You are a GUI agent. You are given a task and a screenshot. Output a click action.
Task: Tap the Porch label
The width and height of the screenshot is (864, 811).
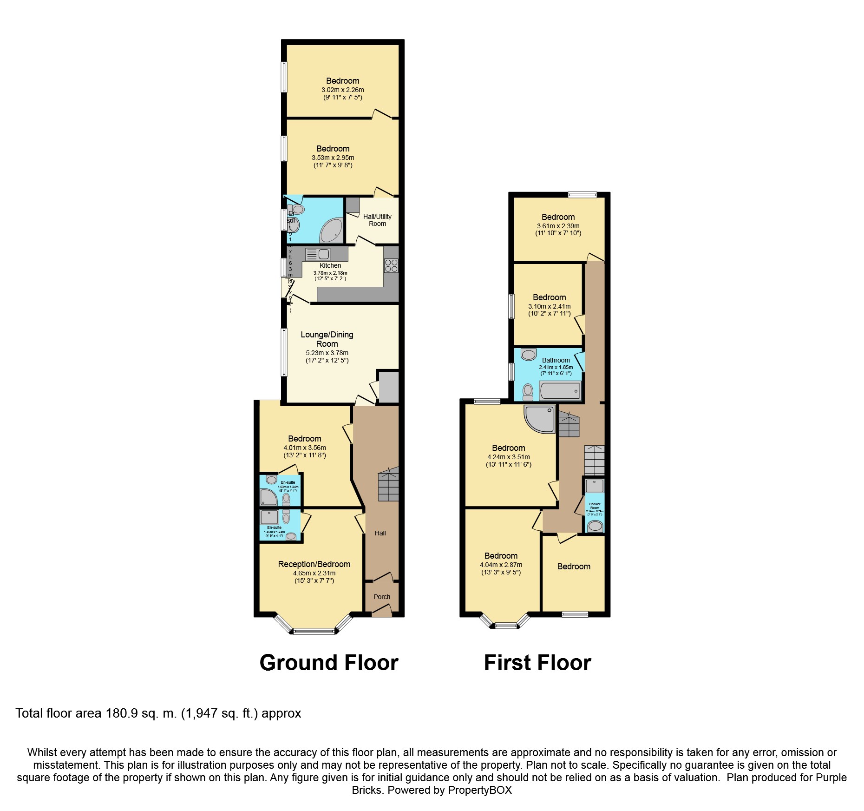click(382, 597)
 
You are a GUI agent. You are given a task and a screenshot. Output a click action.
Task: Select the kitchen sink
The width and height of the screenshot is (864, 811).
click(318, 254)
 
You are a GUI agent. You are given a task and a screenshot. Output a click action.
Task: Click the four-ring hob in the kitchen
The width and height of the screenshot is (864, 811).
click(391, 265)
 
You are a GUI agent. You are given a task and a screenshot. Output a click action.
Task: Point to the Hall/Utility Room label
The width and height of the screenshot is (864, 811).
click(377, 220)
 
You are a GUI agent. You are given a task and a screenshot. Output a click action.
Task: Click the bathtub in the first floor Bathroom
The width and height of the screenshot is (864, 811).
click(560, 391)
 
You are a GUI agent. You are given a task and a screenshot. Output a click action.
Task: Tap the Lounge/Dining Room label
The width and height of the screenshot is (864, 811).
click(327, 339)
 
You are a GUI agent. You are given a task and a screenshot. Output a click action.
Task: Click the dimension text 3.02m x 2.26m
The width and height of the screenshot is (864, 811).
click(342, 90)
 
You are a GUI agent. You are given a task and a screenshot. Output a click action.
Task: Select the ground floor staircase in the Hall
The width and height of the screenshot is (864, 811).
click(388, 484)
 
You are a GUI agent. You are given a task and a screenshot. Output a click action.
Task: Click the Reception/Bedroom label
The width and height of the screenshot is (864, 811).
click(314, 564)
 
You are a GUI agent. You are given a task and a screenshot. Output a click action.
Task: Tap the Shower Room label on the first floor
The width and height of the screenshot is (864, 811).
click(595, 505)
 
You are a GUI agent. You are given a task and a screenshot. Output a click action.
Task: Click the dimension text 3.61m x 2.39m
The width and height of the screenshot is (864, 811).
click(558, 226)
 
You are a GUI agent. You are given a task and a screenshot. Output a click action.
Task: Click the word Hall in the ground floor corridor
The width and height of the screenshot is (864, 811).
click(380, 533)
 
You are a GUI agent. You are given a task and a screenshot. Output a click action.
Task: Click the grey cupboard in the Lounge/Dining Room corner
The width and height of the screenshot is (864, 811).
click(389, 387)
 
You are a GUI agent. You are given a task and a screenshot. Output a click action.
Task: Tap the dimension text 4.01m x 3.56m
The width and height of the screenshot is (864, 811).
click(304, 448)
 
